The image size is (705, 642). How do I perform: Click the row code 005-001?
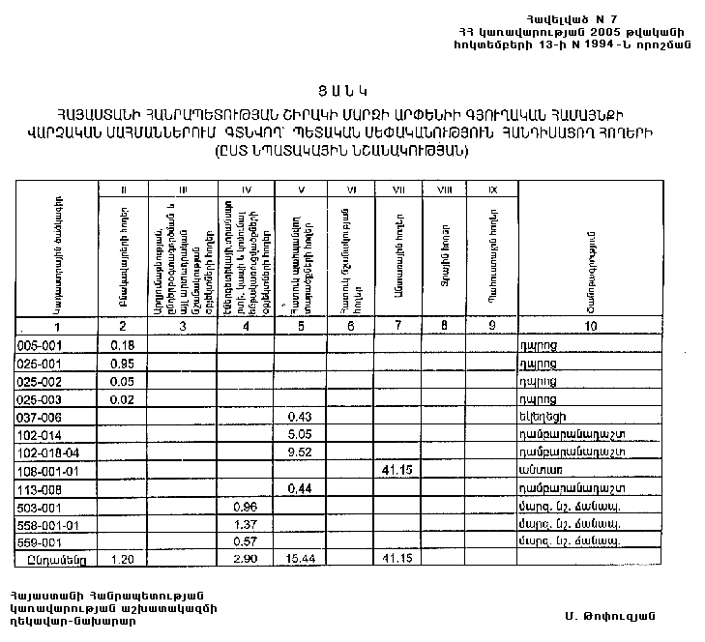(x=40, y=345)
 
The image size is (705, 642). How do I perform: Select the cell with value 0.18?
(x=122, y=345)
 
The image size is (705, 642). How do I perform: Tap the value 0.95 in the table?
(x=122, y=364)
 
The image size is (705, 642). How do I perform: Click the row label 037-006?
(x=40, y=416)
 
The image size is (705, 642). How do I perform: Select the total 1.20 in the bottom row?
(x=122, y=560)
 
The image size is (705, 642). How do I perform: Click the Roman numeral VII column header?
(x=397, y=190)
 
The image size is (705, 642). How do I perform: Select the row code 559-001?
(x=40, y=541)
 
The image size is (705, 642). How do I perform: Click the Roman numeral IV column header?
(x=246, y=190)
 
